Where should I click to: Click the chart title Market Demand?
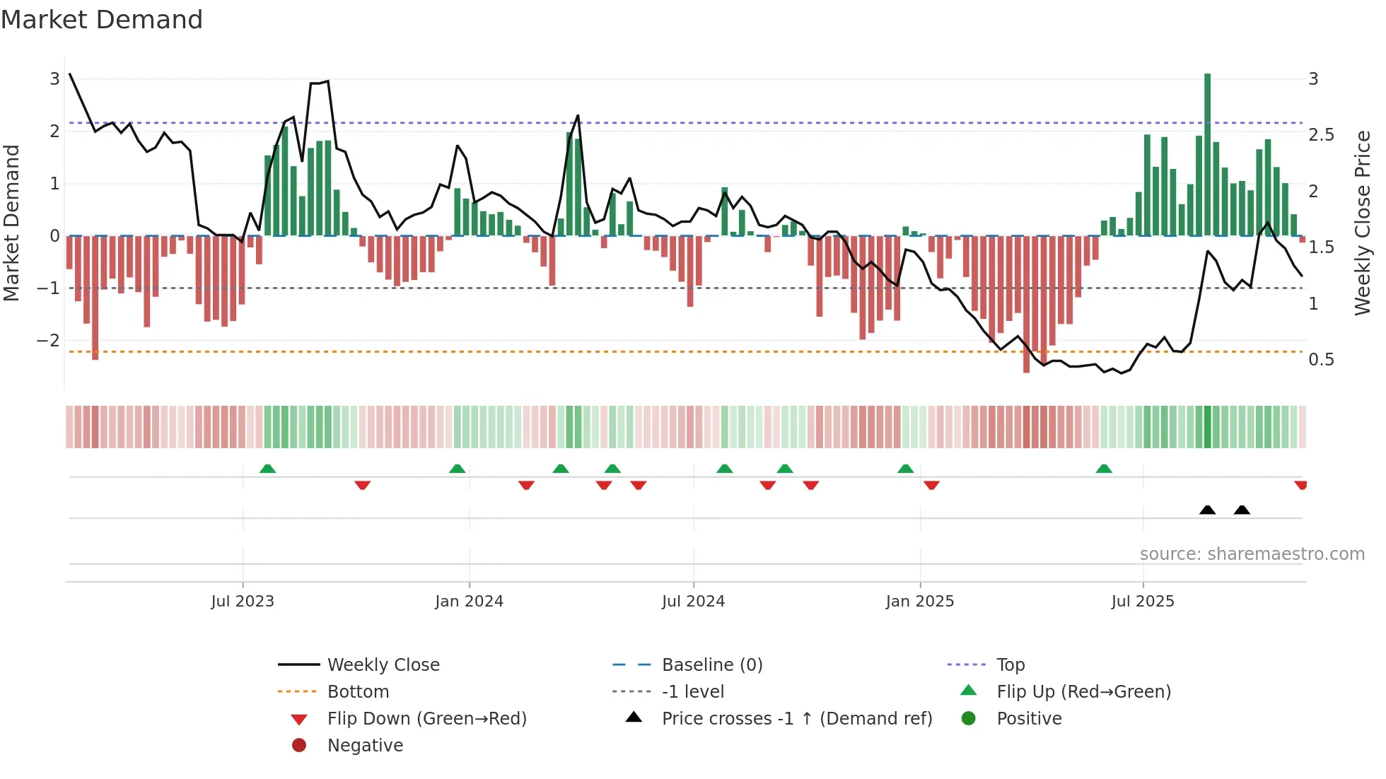102,20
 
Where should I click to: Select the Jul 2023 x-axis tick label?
243,602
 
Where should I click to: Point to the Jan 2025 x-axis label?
919,602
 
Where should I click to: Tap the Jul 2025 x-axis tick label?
1142,602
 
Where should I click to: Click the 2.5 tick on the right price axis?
1321,135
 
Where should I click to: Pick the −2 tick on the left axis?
48,341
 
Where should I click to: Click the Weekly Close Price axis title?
1363,223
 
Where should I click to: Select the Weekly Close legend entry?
383,665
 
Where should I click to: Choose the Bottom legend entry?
358,692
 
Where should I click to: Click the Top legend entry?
1010,665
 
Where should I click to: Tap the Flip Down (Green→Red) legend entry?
426,719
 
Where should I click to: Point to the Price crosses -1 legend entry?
796,719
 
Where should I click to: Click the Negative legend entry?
365,746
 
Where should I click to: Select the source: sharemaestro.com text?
1252,554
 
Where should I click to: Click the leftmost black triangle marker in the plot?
1207,510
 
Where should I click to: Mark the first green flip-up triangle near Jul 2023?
267,469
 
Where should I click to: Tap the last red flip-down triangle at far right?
1300,485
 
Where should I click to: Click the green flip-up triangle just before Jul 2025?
1104,469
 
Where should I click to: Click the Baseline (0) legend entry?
711,665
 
